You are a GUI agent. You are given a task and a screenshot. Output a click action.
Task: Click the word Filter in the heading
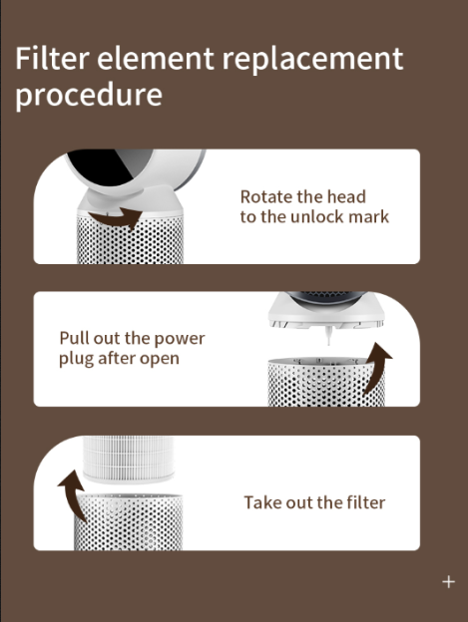[x=52, y=58]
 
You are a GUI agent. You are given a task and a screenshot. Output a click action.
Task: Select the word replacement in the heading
[x=312, y=60]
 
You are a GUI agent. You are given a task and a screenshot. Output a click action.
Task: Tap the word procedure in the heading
[x=89, y=96]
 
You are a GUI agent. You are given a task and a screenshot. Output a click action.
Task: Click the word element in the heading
[x=156, y=58]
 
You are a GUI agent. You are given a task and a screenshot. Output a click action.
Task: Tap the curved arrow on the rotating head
[x=116, y=217]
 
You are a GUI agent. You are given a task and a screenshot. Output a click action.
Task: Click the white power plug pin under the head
[x=328, y=336]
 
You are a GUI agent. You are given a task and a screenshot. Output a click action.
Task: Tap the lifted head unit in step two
[x=326, y=310]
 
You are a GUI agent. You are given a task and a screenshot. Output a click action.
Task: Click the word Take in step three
[x=262, y=502]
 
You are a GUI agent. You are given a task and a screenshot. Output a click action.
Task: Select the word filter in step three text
[x=365, y=502]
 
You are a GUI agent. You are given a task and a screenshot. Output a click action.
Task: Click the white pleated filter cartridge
[x=129, y=459]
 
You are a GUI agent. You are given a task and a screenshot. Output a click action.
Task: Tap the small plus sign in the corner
[x=449, y=582]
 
